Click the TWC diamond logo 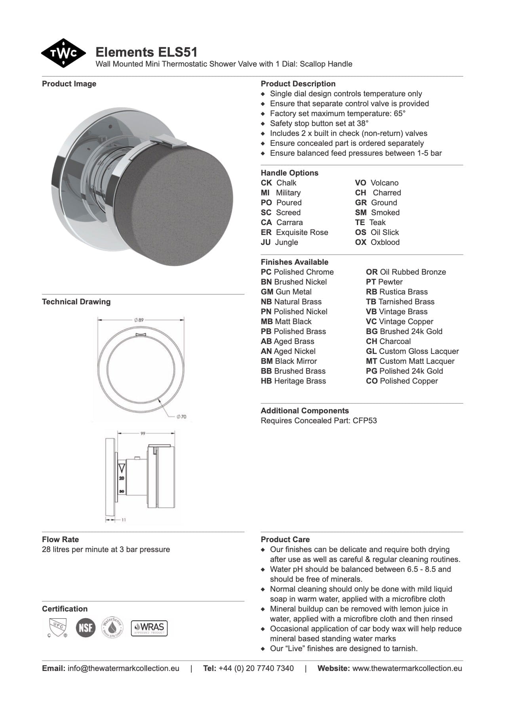[63, 53]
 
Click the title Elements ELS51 [146, 52]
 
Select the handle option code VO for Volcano [360, 183]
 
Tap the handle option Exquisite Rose [302, 232]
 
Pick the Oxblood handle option [385, 242]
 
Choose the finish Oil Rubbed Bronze [412, 272]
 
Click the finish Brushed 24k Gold [410, 331]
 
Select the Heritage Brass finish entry [299, 381]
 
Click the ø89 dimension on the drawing [139, 320]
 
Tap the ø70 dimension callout [181, 417]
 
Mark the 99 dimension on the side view [143, 434]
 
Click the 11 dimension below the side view [124, 520]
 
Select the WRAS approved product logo [149, 628]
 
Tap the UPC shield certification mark [56, 627]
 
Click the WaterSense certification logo [112, 627]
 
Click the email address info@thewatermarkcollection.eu [123, 668]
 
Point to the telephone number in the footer [256, 668]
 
